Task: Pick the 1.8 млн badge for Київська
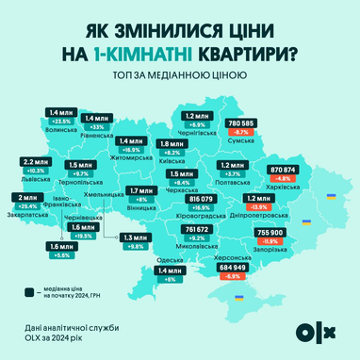(x=172, y=143)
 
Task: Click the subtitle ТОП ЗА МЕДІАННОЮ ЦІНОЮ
(x=180, y=75)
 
